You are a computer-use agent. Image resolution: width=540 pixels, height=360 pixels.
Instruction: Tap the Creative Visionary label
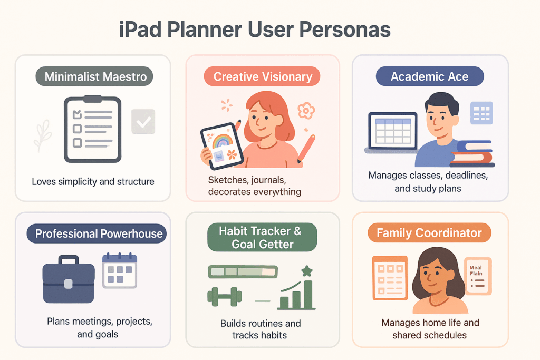click(263, 76)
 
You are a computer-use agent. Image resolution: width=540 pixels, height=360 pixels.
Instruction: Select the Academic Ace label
click(429, 76)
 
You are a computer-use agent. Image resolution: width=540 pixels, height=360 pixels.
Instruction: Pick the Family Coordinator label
click(429, 233)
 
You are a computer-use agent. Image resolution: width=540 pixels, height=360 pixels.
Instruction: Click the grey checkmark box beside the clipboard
click(142, 122)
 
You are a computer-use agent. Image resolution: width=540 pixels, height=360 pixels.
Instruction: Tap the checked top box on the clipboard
click(77, 113)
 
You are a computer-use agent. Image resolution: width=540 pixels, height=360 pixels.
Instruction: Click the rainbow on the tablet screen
click(222, 140)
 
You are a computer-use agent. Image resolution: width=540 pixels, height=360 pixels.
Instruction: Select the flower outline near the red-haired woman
click(306, 111)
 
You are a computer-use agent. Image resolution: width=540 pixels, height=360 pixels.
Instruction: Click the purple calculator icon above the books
click(480, 113)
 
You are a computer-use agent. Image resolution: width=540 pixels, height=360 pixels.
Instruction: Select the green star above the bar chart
click(306, 271)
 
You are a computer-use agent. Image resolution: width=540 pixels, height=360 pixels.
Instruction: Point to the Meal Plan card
click(478, 276)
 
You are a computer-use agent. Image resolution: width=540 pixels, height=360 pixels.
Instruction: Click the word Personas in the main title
click(337, 30)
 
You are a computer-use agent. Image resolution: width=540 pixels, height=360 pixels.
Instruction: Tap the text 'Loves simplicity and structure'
click(93, 182)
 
